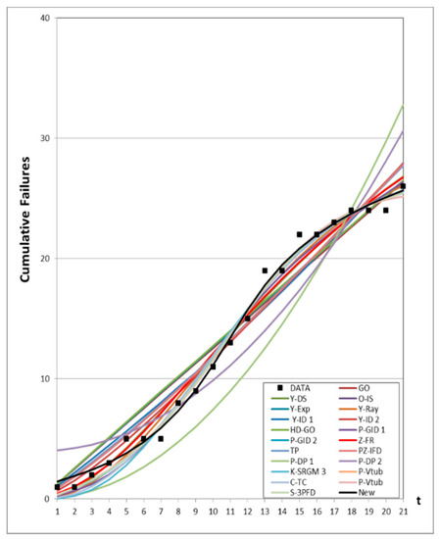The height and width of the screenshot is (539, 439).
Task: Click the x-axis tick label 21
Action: [x=403, y=512]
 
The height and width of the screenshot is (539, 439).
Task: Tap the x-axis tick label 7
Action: [x=161, y=512]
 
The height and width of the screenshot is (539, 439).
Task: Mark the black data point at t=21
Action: [x=403, y=186]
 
